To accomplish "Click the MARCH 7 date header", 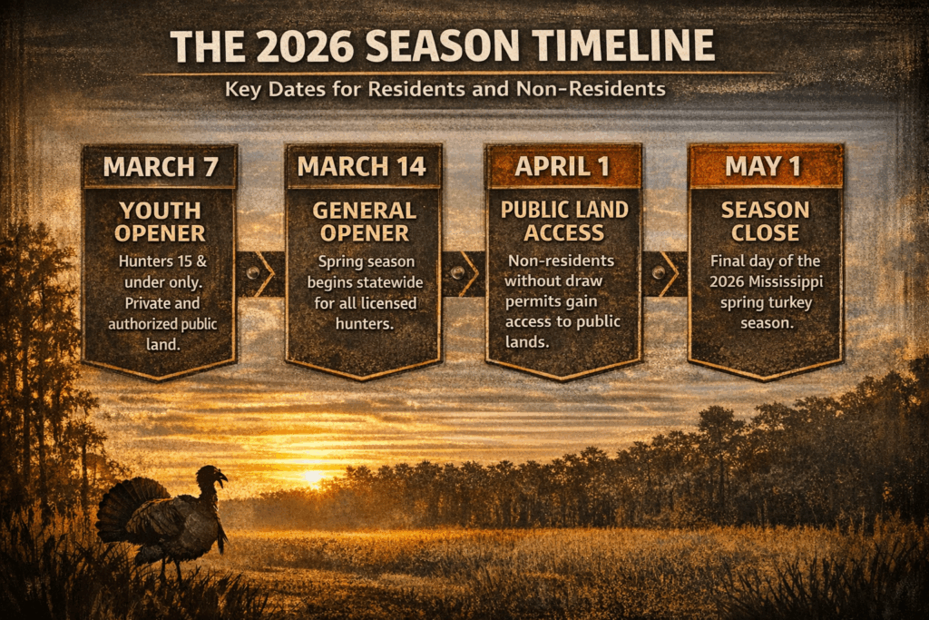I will click(x=159, y=167).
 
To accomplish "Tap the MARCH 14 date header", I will click(x=363, y=167).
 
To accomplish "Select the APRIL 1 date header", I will click(x=563, y=167).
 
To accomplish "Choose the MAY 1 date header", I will click(x=766, y=167).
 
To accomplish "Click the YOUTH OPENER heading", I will click(x=159, y=221).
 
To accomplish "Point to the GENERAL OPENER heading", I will click(x=363, y=221).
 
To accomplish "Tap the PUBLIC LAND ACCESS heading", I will click(x=563, y=221).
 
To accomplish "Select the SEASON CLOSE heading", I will click(x=766, y=221).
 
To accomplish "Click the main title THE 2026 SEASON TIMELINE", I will click(x=442, y=46).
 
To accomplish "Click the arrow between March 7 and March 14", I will click(x=260, y=273).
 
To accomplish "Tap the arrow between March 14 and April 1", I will click(x=464, y=273).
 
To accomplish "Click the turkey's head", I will click(x=214, y=476).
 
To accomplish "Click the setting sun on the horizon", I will click(x=312, y=476).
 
